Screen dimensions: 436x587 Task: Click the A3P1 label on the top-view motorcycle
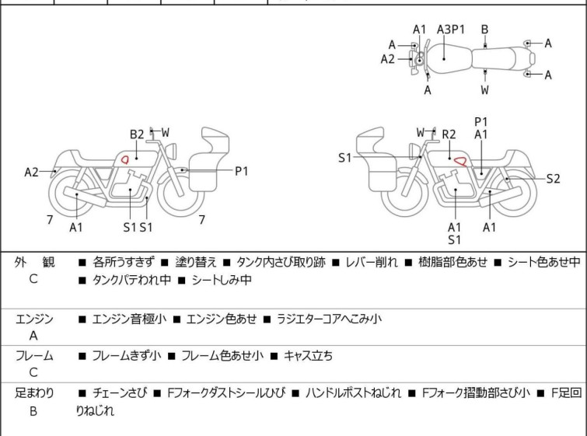click(x=450, y=30)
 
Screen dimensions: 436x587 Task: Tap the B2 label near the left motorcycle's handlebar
click(x=137, y=134)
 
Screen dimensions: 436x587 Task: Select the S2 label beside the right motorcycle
click(x=553, y=179)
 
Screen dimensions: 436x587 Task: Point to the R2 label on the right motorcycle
click(x=449, y=134)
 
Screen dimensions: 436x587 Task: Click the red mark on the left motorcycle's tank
click(x=122, y=159)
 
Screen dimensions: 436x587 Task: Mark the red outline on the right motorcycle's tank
click(x=461, y=161)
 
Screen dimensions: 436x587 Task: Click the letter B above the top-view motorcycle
click(x=484, y=30)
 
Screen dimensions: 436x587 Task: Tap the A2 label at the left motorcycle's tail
click(x=31, y=172)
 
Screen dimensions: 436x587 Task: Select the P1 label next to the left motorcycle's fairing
click(x=242, y=172)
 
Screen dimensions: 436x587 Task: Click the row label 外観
click(x=34, y=263)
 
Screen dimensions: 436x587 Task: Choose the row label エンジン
click(x=34, y=319)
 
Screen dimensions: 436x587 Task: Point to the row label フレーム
click(x=34, y=356)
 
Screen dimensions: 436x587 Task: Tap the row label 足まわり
click(x=34, y=393)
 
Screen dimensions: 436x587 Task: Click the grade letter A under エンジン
click(x=33, y=337)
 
